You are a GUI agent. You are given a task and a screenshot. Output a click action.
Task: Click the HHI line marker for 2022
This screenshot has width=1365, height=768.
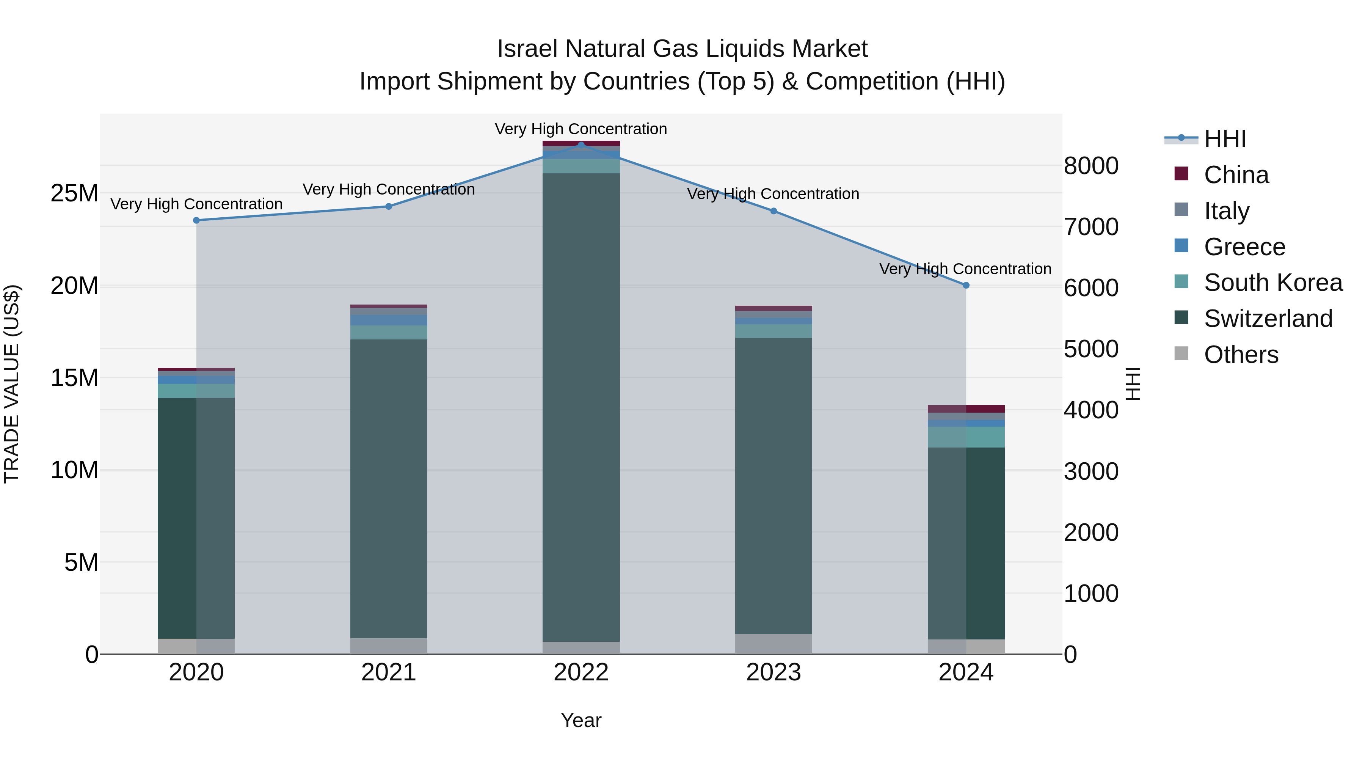click(x=581, y=145)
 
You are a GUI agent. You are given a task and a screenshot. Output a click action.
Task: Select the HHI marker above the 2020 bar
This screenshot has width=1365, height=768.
click(x=196, y=220)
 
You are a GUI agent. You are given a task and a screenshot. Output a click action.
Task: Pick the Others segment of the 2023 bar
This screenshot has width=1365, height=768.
click(x=773, y=644)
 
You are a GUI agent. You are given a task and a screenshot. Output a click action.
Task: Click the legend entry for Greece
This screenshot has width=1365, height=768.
click(x=1244, y=247)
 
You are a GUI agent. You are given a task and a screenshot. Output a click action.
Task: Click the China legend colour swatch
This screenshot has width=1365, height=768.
click(x=1181, y=173)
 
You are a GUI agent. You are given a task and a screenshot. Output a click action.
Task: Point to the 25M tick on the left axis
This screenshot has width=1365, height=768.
click(x=74, y=193)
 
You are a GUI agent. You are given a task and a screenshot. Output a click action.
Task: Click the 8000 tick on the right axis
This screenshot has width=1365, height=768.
click(x=1091, y=166)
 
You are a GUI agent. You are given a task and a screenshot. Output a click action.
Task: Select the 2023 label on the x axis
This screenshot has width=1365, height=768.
click(x=773, y=672)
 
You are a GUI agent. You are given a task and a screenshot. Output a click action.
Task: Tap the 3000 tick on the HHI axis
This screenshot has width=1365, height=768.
click(x=1091, y=471)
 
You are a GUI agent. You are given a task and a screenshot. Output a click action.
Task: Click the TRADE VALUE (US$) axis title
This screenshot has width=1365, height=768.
click(x=12, y=384)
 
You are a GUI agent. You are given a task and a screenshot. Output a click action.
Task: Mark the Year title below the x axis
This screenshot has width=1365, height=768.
click(x=581, y=720)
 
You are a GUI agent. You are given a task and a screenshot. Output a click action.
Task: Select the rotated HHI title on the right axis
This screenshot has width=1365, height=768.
click(x=1132, y=384)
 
